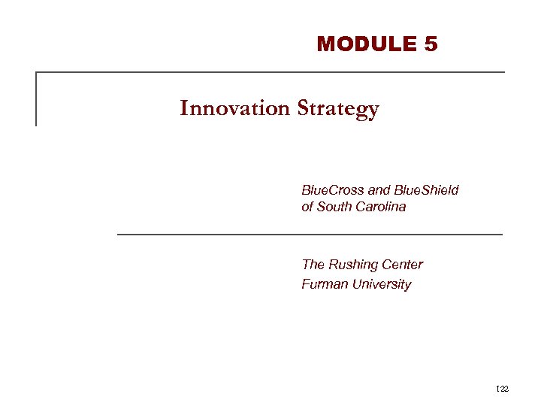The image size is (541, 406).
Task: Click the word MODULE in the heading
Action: click(x=367, y=44)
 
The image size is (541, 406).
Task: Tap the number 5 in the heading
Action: click(x=431, y=44)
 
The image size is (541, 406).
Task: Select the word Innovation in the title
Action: click(x=235, y=109)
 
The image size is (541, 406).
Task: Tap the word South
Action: click(x=337, y=207)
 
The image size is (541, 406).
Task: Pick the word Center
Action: click(x=403, y=265)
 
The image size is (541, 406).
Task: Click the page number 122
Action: click(x=503, y=388)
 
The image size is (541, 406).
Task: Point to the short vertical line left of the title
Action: click(x=36, y=98)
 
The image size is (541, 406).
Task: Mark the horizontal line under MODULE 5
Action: click(x=270, y=72)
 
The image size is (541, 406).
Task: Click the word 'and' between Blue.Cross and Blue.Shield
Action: click(x=379, y=190)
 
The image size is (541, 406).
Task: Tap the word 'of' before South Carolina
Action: click(x=307, y=207)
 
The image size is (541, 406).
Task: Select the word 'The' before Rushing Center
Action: click(x=313, y=265)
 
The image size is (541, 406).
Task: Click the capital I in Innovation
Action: click(x=184, y=109)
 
